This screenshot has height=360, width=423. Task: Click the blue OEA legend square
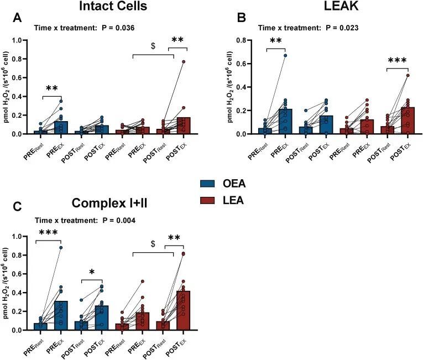point(208,183)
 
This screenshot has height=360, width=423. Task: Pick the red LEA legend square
point(208,201)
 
